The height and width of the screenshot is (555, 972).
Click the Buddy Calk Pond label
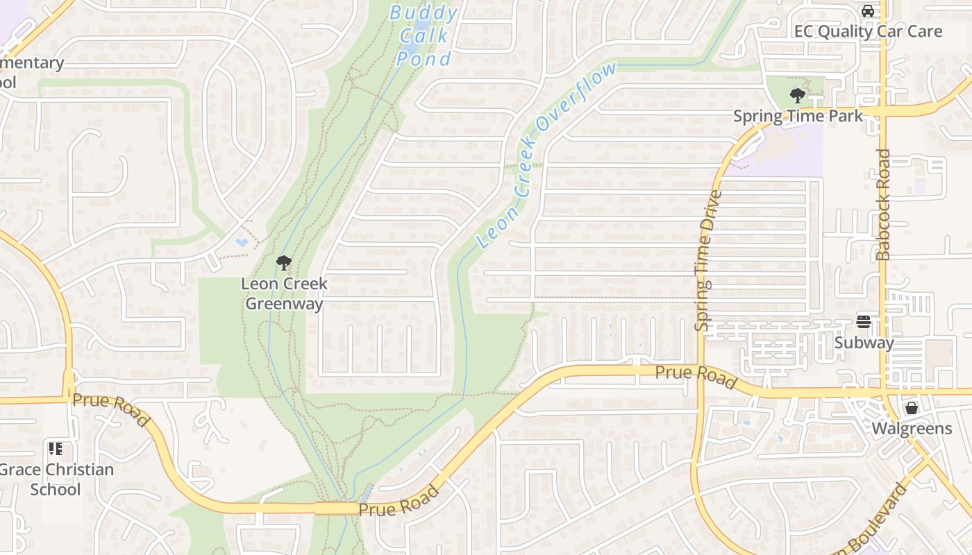pyautogui.click(x=424, y=36)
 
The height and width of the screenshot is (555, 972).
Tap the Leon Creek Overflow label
pyautogui.click(x=546, y=155)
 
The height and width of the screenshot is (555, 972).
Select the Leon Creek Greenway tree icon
pyautogui.click(x=283, y=263)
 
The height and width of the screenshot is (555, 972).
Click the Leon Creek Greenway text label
pyautogui.click(x=284, y=293)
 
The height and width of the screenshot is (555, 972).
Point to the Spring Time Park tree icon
pyautogui.click(x=797, y=96)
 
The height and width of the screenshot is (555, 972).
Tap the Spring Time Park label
pyautogui.click(x=798, y=116)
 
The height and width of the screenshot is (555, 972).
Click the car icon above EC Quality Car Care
pyautogui.click(x=867, y=11)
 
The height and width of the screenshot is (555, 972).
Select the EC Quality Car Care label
pyautogui.click(x=868, y=31)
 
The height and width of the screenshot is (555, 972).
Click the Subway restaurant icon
pyautogui.click(x=864, y=322)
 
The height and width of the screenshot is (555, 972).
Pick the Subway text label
pyautogui.click(x=864, y=343)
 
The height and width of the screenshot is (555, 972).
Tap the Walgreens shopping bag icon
pyautogui.click(x=912, y=408)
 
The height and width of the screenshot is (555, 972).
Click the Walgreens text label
pyautogui.click(x=912, y=428)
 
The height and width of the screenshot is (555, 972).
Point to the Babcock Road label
pyautogui.click(x=883, y=205)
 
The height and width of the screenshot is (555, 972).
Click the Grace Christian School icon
pyautogui.click(x=56, y=449)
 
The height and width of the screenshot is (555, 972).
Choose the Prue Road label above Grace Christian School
pyautogui.click(x=111, y=410)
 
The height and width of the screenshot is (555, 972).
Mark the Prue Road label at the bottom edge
pyautogui.click(x=399, y=501)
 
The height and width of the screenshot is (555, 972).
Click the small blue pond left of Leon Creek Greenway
pyautogui.click(x=242, y=243)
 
